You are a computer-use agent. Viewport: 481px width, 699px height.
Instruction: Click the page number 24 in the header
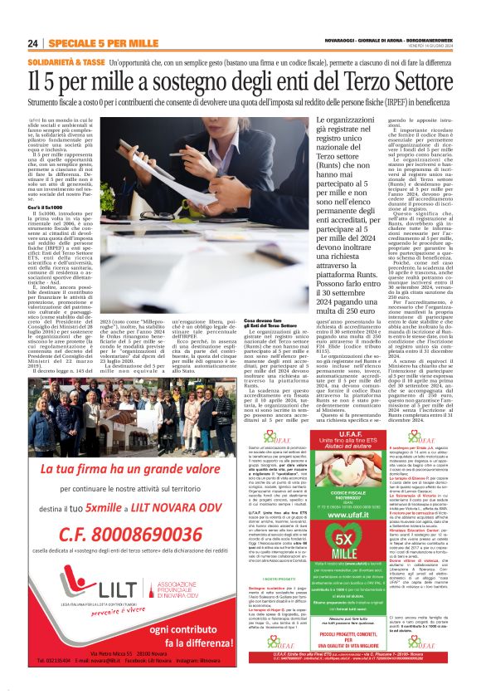pyautogui.click(x=33, y=43)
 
